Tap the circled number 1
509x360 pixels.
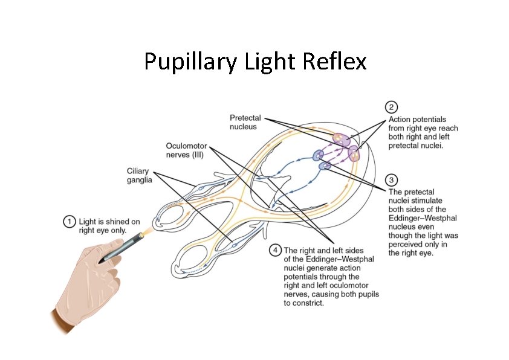(x=70, y=222)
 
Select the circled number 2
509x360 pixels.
(x=392, y=108)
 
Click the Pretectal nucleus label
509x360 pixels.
(x=244, y=122)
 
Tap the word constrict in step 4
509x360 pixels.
(x=310, y=303)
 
